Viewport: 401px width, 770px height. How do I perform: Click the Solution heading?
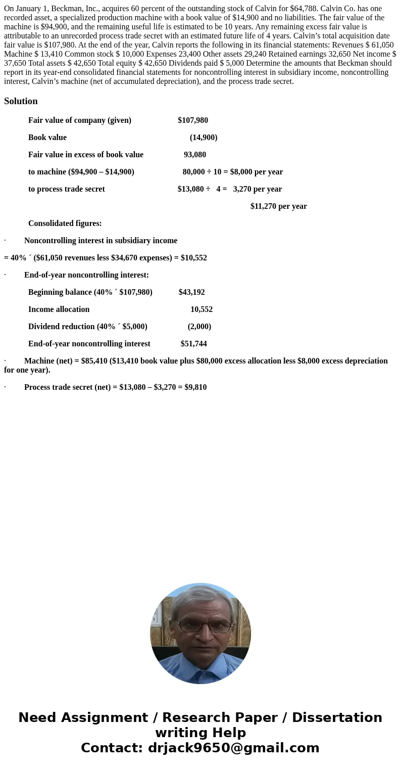pyautogui.click(x=21, y=101)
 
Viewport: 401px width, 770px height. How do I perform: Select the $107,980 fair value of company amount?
pyautogui.click(x=192, y=120)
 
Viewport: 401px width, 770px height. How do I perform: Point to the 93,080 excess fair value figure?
pyautogui.click(x=194, y=155)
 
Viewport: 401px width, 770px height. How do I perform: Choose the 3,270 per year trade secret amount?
pyautogui.click(x=257, y=189)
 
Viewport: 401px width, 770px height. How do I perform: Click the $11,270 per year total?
pyautogui.click(x=278, y=206)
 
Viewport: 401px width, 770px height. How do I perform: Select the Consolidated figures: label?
pyautogui.click(x=65, y=223)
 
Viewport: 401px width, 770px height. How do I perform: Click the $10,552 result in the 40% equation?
pyautogui.click(x=193, y=258)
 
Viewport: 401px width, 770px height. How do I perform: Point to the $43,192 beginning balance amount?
pyautogui.click(x=191, y=292)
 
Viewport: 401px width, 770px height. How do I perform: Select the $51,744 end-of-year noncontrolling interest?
pyautogui.click(x=193, y=344)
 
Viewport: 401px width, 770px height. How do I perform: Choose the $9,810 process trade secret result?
pyautogui.click(x=195, y=387)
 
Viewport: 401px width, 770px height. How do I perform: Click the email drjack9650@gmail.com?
pyautogui.click(x=233, y=748)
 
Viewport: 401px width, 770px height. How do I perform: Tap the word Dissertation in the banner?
pyautogui.click(x=337, y=718)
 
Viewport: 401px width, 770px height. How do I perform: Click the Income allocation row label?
pyautogui.click(x=59, y=309)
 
